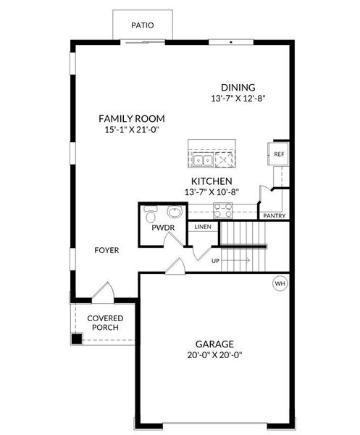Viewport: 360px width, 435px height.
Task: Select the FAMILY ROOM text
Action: [132, 118]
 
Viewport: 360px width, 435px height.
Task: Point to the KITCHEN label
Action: [212, 181]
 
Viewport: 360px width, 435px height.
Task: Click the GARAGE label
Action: [214, 344]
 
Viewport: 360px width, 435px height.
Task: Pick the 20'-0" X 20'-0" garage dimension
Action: [214, 355]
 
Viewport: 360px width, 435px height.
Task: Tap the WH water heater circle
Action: [279, 283]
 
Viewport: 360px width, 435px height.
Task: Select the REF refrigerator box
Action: [279, 154]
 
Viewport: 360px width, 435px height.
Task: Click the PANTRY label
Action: [274, 215]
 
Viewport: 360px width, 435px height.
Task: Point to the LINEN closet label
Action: [202, 227]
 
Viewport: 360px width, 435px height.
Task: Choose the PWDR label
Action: [160, 228]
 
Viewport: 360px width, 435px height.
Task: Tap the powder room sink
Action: [174, 212]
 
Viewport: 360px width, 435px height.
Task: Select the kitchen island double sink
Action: [201, 158]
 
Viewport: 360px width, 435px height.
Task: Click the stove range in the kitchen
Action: [222, 210]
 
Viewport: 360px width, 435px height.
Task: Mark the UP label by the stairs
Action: [216, 260]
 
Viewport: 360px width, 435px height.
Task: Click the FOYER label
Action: [106, 250]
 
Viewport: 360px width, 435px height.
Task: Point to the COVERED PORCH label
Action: [105, 323]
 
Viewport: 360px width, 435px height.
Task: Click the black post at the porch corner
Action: [76, 339]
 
